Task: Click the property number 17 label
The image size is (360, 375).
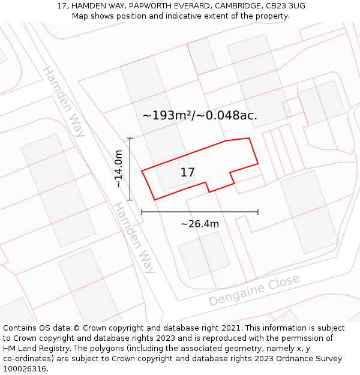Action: (187, 173)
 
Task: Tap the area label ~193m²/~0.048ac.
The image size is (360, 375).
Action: (200, 115)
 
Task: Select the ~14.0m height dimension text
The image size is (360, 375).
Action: (119, 169)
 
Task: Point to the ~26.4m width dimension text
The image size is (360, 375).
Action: (200, 224)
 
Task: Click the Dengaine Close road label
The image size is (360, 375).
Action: (254, 290)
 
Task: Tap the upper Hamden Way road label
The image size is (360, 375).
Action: (63, 101)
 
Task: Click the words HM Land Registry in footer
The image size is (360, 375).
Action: (33, 349)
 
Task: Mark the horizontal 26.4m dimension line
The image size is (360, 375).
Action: (200, 212)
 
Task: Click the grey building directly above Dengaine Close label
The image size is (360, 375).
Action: (204, 255)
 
